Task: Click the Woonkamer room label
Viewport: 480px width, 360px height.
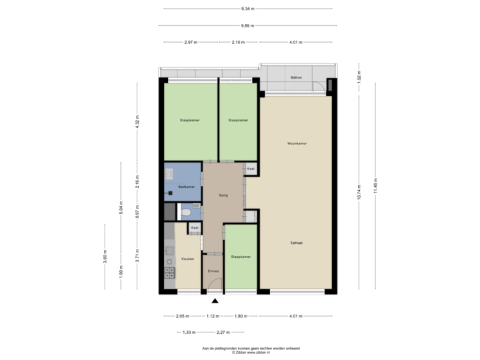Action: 297,143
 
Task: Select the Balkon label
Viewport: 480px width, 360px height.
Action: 296,78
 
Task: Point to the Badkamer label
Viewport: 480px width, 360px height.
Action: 187,187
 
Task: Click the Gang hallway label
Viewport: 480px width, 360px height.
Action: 224,195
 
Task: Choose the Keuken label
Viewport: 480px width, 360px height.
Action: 187,259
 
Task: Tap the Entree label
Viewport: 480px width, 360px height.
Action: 213,271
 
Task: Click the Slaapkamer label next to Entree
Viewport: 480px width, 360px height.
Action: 241,257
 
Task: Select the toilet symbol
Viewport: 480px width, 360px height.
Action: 187,213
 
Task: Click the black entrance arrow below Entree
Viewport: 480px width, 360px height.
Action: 214,301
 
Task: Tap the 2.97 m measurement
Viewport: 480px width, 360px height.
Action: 191,42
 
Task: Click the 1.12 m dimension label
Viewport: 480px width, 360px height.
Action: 213,316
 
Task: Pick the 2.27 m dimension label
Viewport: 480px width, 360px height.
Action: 223,332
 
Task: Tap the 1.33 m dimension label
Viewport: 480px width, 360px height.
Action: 189,332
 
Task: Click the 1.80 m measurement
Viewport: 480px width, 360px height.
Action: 241,316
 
